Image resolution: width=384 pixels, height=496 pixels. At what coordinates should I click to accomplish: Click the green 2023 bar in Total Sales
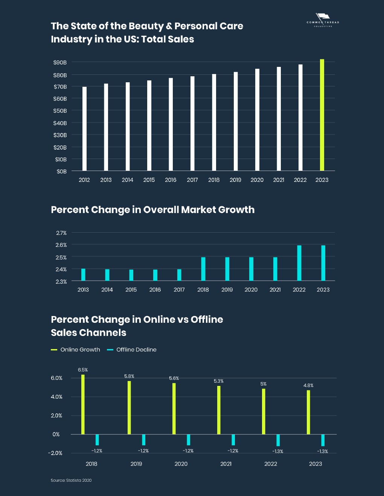[322, 115]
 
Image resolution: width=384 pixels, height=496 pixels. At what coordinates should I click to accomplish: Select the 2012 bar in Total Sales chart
[84, 129]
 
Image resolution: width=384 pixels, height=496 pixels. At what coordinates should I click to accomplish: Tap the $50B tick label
[60, 111]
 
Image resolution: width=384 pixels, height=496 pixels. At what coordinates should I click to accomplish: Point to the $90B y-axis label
[60, 62]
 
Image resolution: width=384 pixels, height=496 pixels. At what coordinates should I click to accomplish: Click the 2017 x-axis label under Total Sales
[192, 180]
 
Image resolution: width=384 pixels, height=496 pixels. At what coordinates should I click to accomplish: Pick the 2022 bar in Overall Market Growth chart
[299, 263]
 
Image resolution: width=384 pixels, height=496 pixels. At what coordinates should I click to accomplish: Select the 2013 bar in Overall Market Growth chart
[83, 275]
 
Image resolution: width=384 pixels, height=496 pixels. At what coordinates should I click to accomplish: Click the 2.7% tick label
[61, 233]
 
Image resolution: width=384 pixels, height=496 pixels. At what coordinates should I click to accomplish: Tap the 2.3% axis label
[61, 281]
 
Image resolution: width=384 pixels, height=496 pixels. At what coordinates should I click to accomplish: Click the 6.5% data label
[83, 370]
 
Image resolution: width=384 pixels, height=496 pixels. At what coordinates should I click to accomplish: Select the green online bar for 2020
[174, 408]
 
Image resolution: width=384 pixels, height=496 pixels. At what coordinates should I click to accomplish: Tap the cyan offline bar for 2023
[323, 440]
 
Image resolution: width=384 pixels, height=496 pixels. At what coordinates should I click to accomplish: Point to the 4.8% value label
[308, 386]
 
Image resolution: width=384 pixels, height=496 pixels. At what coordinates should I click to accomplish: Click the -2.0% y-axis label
[55, 453]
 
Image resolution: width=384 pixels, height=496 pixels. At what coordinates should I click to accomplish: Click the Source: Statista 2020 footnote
[71, 480]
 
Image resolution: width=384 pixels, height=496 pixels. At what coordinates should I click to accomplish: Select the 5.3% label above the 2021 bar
[219, 381]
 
